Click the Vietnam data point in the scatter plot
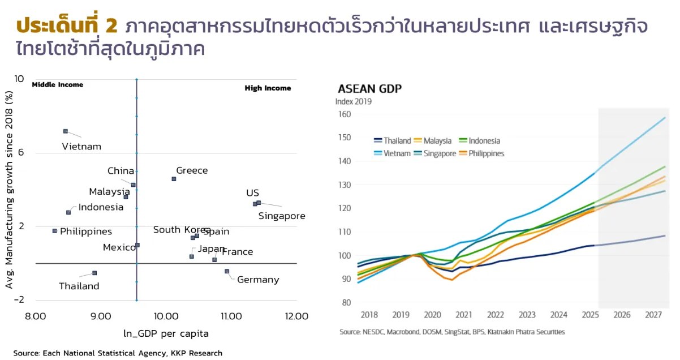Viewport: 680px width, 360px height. pyautogui.click(x=66, y=131)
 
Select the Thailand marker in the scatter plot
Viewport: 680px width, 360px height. pyautogui.click(x=94, y=273)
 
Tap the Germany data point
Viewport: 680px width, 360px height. pyautogui.click(x=227, y=272)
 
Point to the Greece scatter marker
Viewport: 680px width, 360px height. pyautogui.click(x=174, y=179)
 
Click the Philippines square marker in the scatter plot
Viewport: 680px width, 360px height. pyautogui.click(x=55, y=231)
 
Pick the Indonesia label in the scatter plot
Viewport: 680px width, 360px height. pyautogui.click(x=101, y=207)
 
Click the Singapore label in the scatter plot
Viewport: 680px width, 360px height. pyautogui.click(x=282, y=216)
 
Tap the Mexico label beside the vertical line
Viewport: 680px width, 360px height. pyautogui.click(x=119, y=247)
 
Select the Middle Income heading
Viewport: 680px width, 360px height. pyautogui.click(x=57, y=85)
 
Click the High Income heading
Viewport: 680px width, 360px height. pyautogui.click(x=268, y=88)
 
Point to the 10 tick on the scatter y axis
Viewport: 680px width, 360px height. pyautogui.click(x=19, y=79)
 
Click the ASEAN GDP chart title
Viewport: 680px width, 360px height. pyautogui.click(x=369, y=89)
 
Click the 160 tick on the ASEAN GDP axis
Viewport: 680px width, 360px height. pyautogui.click(x=344, y=114)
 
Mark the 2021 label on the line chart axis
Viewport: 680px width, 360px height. pyautogui.click(x=464, y=315)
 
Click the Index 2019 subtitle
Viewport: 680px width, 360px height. pyautogui.click(x=354, y=102)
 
